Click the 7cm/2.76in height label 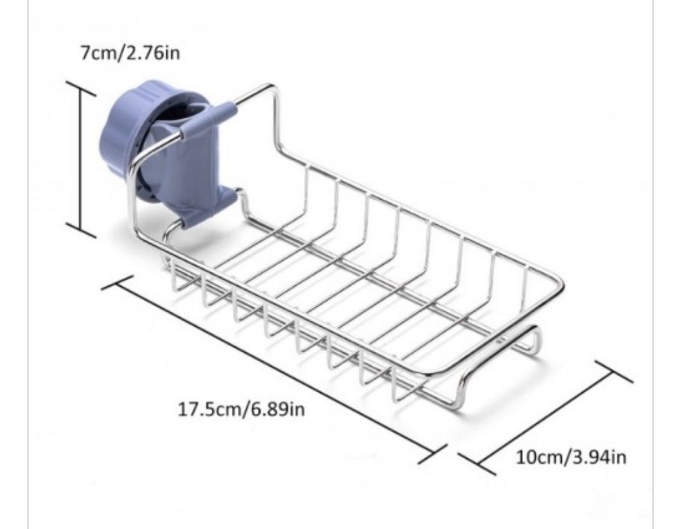point(130,53)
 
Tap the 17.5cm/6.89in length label point(242,409)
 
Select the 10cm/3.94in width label point(571,457)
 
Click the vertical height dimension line point(81,159)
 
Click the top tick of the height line point(81,87)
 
